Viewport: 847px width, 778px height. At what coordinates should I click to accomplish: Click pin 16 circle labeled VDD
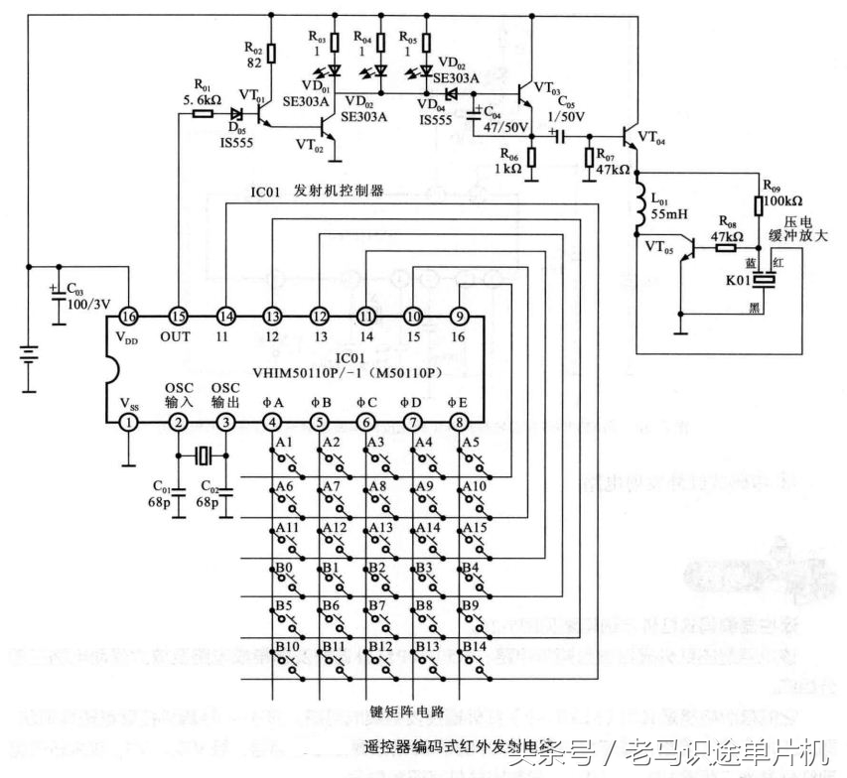(x=128, y=316)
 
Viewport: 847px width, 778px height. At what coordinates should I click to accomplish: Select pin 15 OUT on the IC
(x=177, y=316)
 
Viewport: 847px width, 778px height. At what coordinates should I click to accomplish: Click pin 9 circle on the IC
(x=459, y=316)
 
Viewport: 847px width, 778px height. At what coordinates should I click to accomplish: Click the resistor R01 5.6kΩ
(x=203, y=113)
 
